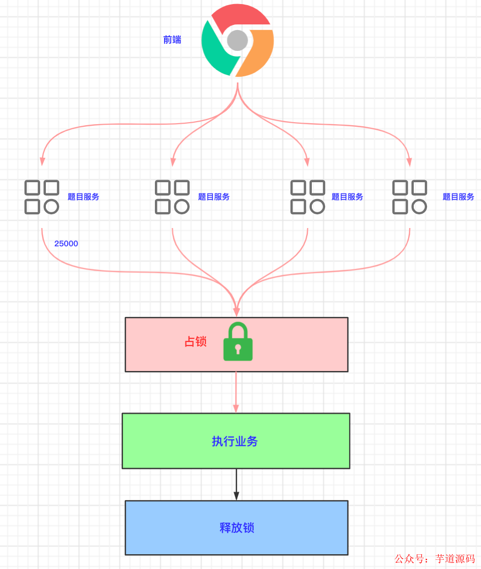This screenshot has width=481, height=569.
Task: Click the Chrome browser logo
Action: tap(237, 40)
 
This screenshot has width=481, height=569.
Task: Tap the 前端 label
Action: tap(172, 40)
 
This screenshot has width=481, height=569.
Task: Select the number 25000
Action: tap(66, 244)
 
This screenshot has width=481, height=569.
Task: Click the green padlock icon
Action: tap(238, 342)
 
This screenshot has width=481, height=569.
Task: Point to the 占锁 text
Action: tap(196, 342)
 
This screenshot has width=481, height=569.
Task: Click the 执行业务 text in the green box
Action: tap(235, 441)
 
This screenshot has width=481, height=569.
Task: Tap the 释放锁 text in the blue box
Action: tap(237, 528)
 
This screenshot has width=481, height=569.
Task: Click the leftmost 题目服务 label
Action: tap(84, 197)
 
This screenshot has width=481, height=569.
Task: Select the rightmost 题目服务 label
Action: tap(459, 197)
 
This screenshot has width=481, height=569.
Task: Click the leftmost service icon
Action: tap(42, 197)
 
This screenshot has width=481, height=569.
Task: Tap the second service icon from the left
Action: tap(172, 197)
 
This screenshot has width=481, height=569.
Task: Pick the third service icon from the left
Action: tap(308, 197)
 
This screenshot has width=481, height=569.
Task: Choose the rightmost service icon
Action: tap(410, 197)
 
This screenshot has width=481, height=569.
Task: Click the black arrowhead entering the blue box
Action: tap(236, 495)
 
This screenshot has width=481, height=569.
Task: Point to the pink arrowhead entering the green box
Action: tap(236, 408)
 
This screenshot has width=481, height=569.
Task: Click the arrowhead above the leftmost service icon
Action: tap(42, 161)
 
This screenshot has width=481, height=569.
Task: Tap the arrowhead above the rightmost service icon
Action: tap(409, 162)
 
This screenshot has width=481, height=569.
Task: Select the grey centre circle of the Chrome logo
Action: tap(237, 40)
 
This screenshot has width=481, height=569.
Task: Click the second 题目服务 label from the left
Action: tap(214, 197)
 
